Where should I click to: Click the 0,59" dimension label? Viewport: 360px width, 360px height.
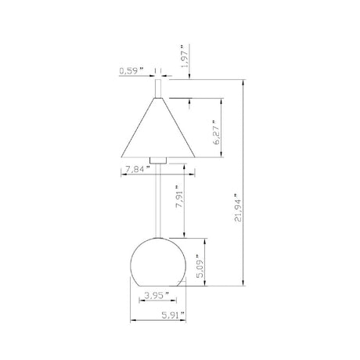131,71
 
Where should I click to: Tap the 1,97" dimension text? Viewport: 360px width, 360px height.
185,56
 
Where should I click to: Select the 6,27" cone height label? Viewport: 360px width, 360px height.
217,132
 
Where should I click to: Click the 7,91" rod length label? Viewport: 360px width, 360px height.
180,196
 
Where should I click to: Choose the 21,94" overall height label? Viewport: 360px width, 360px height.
238,207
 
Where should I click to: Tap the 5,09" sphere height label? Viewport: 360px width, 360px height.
200,266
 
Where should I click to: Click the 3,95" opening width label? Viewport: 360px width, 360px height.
157,296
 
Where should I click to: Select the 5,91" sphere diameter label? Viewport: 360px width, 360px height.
174,315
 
